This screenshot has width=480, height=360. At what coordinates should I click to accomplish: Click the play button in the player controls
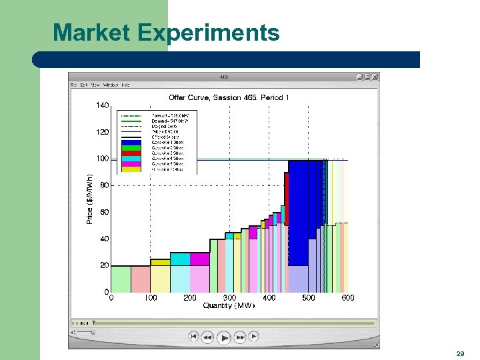pos(224,337)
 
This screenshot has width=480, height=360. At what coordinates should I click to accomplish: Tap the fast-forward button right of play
pos(240,337)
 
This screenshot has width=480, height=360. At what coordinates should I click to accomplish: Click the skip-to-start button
pos(193,337)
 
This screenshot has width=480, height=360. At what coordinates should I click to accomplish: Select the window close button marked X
pos(375,77)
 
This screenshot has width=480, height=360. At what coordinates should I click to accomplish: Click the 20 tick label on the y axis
pos(104,265)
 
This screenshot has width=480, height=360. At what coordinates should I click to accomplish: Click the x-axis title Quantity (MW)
pos(229,305)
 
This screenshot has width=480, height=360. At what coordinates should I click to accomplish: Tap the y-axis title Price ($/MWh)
pos(89,199)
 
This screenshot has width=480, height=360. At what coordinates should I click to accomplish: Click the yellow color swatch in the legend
pos(131,169)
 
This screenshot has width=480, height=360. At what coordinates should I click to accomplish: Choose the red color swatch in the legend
pos(131,153)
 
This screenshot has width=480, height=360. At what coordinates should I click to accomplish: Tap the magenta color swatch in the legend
pos(131,163)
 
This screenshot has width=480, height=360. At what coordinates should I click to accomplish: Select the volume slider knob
pos(93,331)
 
